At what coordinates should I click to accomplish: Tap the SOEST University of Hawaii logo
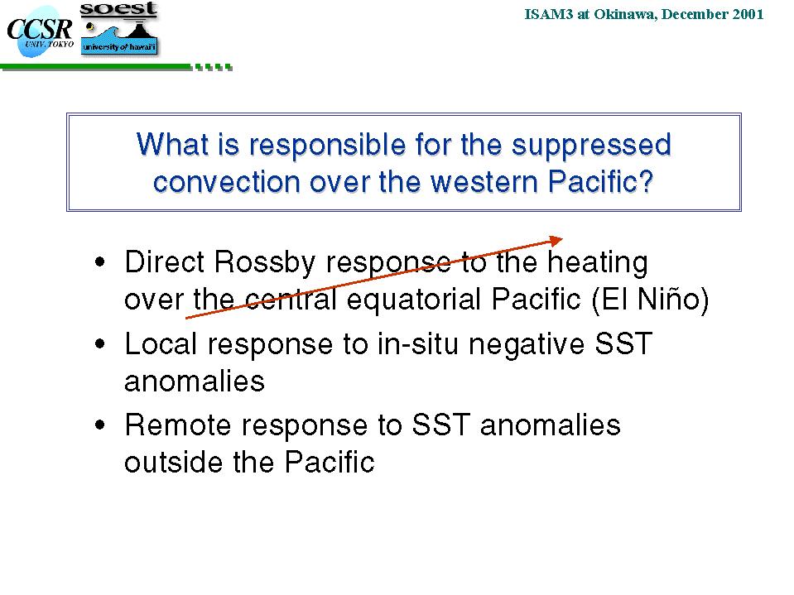pyautogui.click(x=119, y=29)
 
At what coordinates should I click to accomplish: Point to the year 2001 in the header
pyautogui.click(x=748, y=14)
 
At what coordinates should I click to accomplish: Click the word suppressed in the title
pyautogui.click(x=591, y=145)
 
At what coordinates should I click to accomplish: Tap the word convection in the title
pyautogui.click(x=227, y=181)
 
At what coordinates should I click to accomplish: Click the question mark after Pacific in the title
pyautogui.click(x=646, y=181)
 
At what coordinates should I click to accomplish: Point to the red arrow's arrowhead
pyautogui.click(x=556, y=240)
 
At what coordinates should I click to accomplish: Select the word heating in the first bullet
pyautogui.click(x=598, y=263)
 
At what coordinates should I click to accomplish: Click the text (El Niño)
pyautogui.click(x=650, y=300)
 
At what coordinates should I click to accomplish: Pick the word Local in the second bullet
pyautogui.click(x=161, y=343)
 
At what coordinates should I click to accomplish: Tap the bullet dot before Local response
pyautogui.click(x=100, y=343)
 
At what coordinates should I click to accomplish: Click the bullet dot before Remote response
pyautogui.click(x=100, y=425)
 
